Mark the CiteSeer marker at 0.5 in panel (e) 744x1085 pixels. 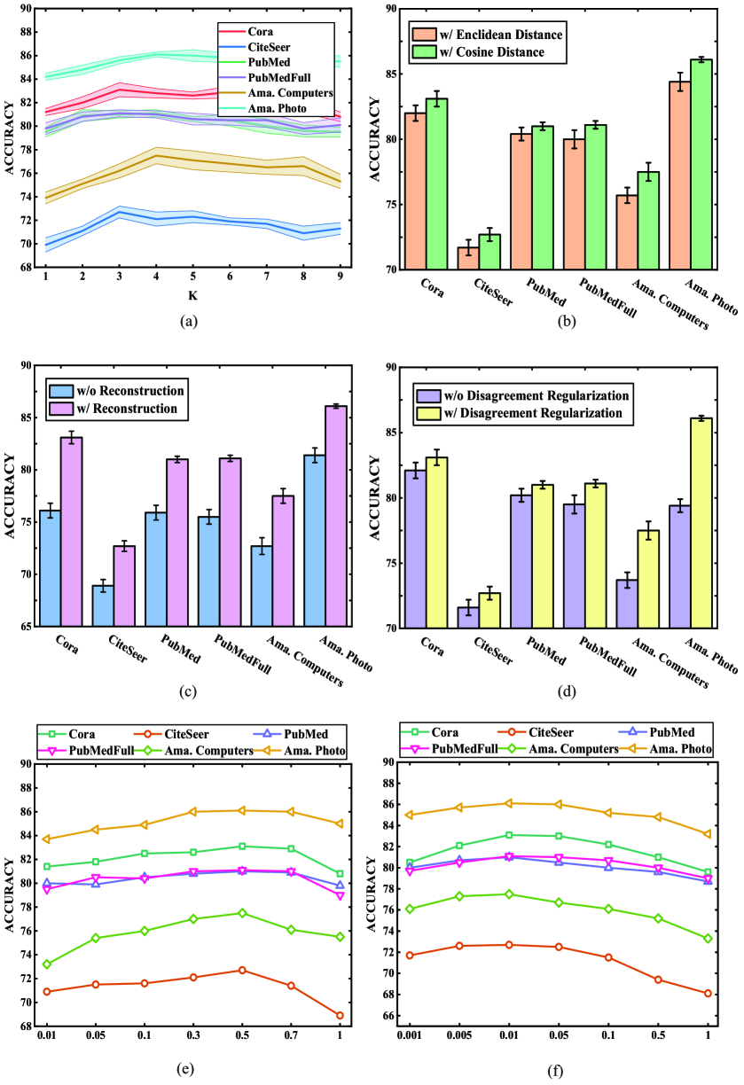coord(243,970)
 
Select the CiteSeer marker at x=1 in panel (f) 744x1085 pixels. coord(707,994)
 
